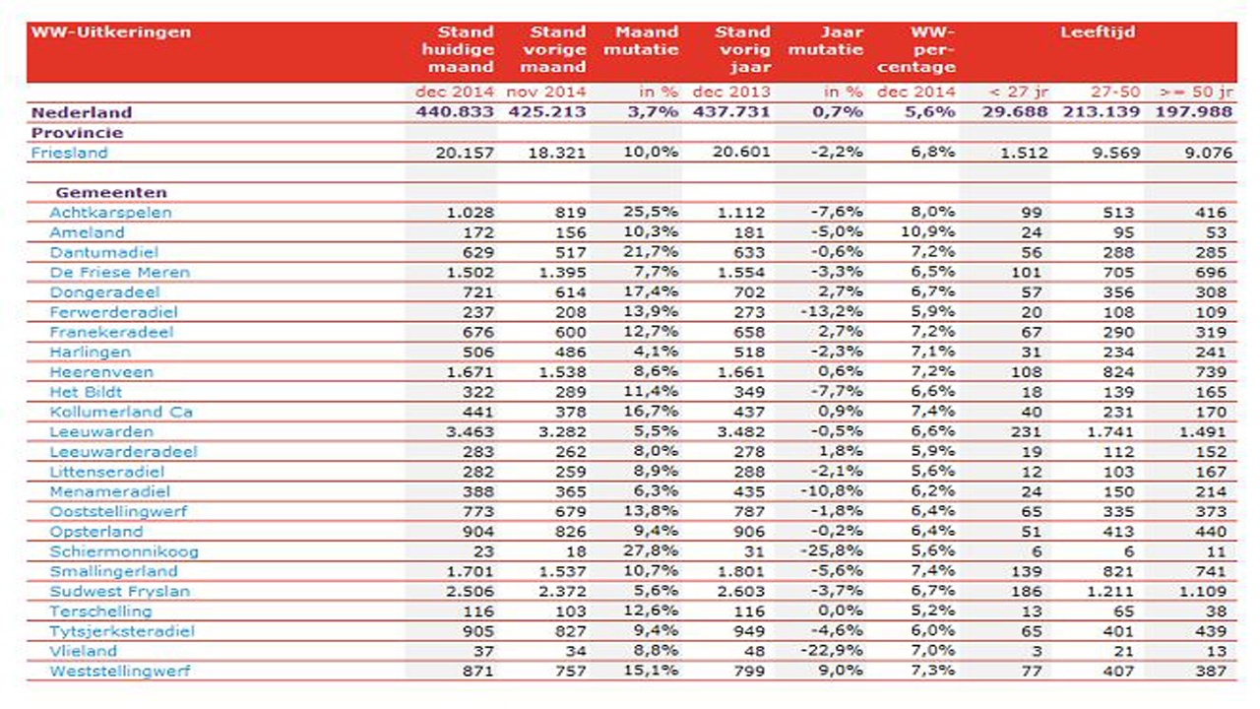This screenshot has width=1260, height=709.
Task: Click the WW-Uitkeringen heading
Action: tap(111, 32)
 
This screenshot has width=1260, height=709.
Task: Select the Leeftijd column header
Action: tap(1098, 32)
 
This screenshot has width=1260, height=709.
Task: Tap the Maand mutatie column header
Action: tap(641, 40)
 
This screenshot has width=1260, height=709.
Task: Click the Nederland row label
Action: tap(82, 112)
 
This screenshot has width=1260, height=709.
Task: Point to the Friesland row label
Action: tap(69, 153)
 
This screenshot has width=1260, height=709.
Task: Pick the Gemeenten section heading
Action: tap(111, 192)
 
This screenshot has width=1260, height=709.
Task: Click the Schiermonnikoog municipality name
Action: tap(124, 551)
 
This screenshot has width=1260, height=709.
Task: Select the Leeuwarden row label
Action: tap(101, 431)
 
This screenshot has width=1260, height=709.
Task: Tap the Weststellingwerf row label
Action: tap(120, 671)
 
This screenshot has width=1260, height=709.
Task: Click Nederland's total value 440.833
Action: tap(455, 112)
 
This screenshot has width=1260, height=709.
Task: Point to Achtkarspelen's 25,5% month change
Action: tap(651, 212)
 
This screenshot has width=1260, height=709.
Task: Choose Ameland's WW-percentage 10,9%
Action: tap(927, 231)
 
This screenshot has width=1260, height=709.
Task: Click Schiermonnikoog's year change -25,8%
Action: tap(832, 550)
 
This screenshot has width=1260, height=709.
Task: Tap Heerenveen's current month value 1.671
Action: tap(471, 372)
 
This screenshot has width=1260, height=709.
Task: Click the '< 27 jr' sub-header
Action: tap(1018, 92)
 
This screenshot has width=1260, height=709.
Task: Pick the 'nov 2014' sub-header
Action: tap(546, 92)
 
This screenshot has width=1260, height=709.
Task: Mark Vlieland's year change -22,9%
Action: tap(832, 651)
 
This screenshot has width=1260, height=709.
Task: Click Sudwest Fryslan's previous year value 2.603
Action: tap(741, 592)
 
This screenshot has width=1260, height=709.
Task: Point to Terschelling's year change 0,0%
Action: tap(841, 611)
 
